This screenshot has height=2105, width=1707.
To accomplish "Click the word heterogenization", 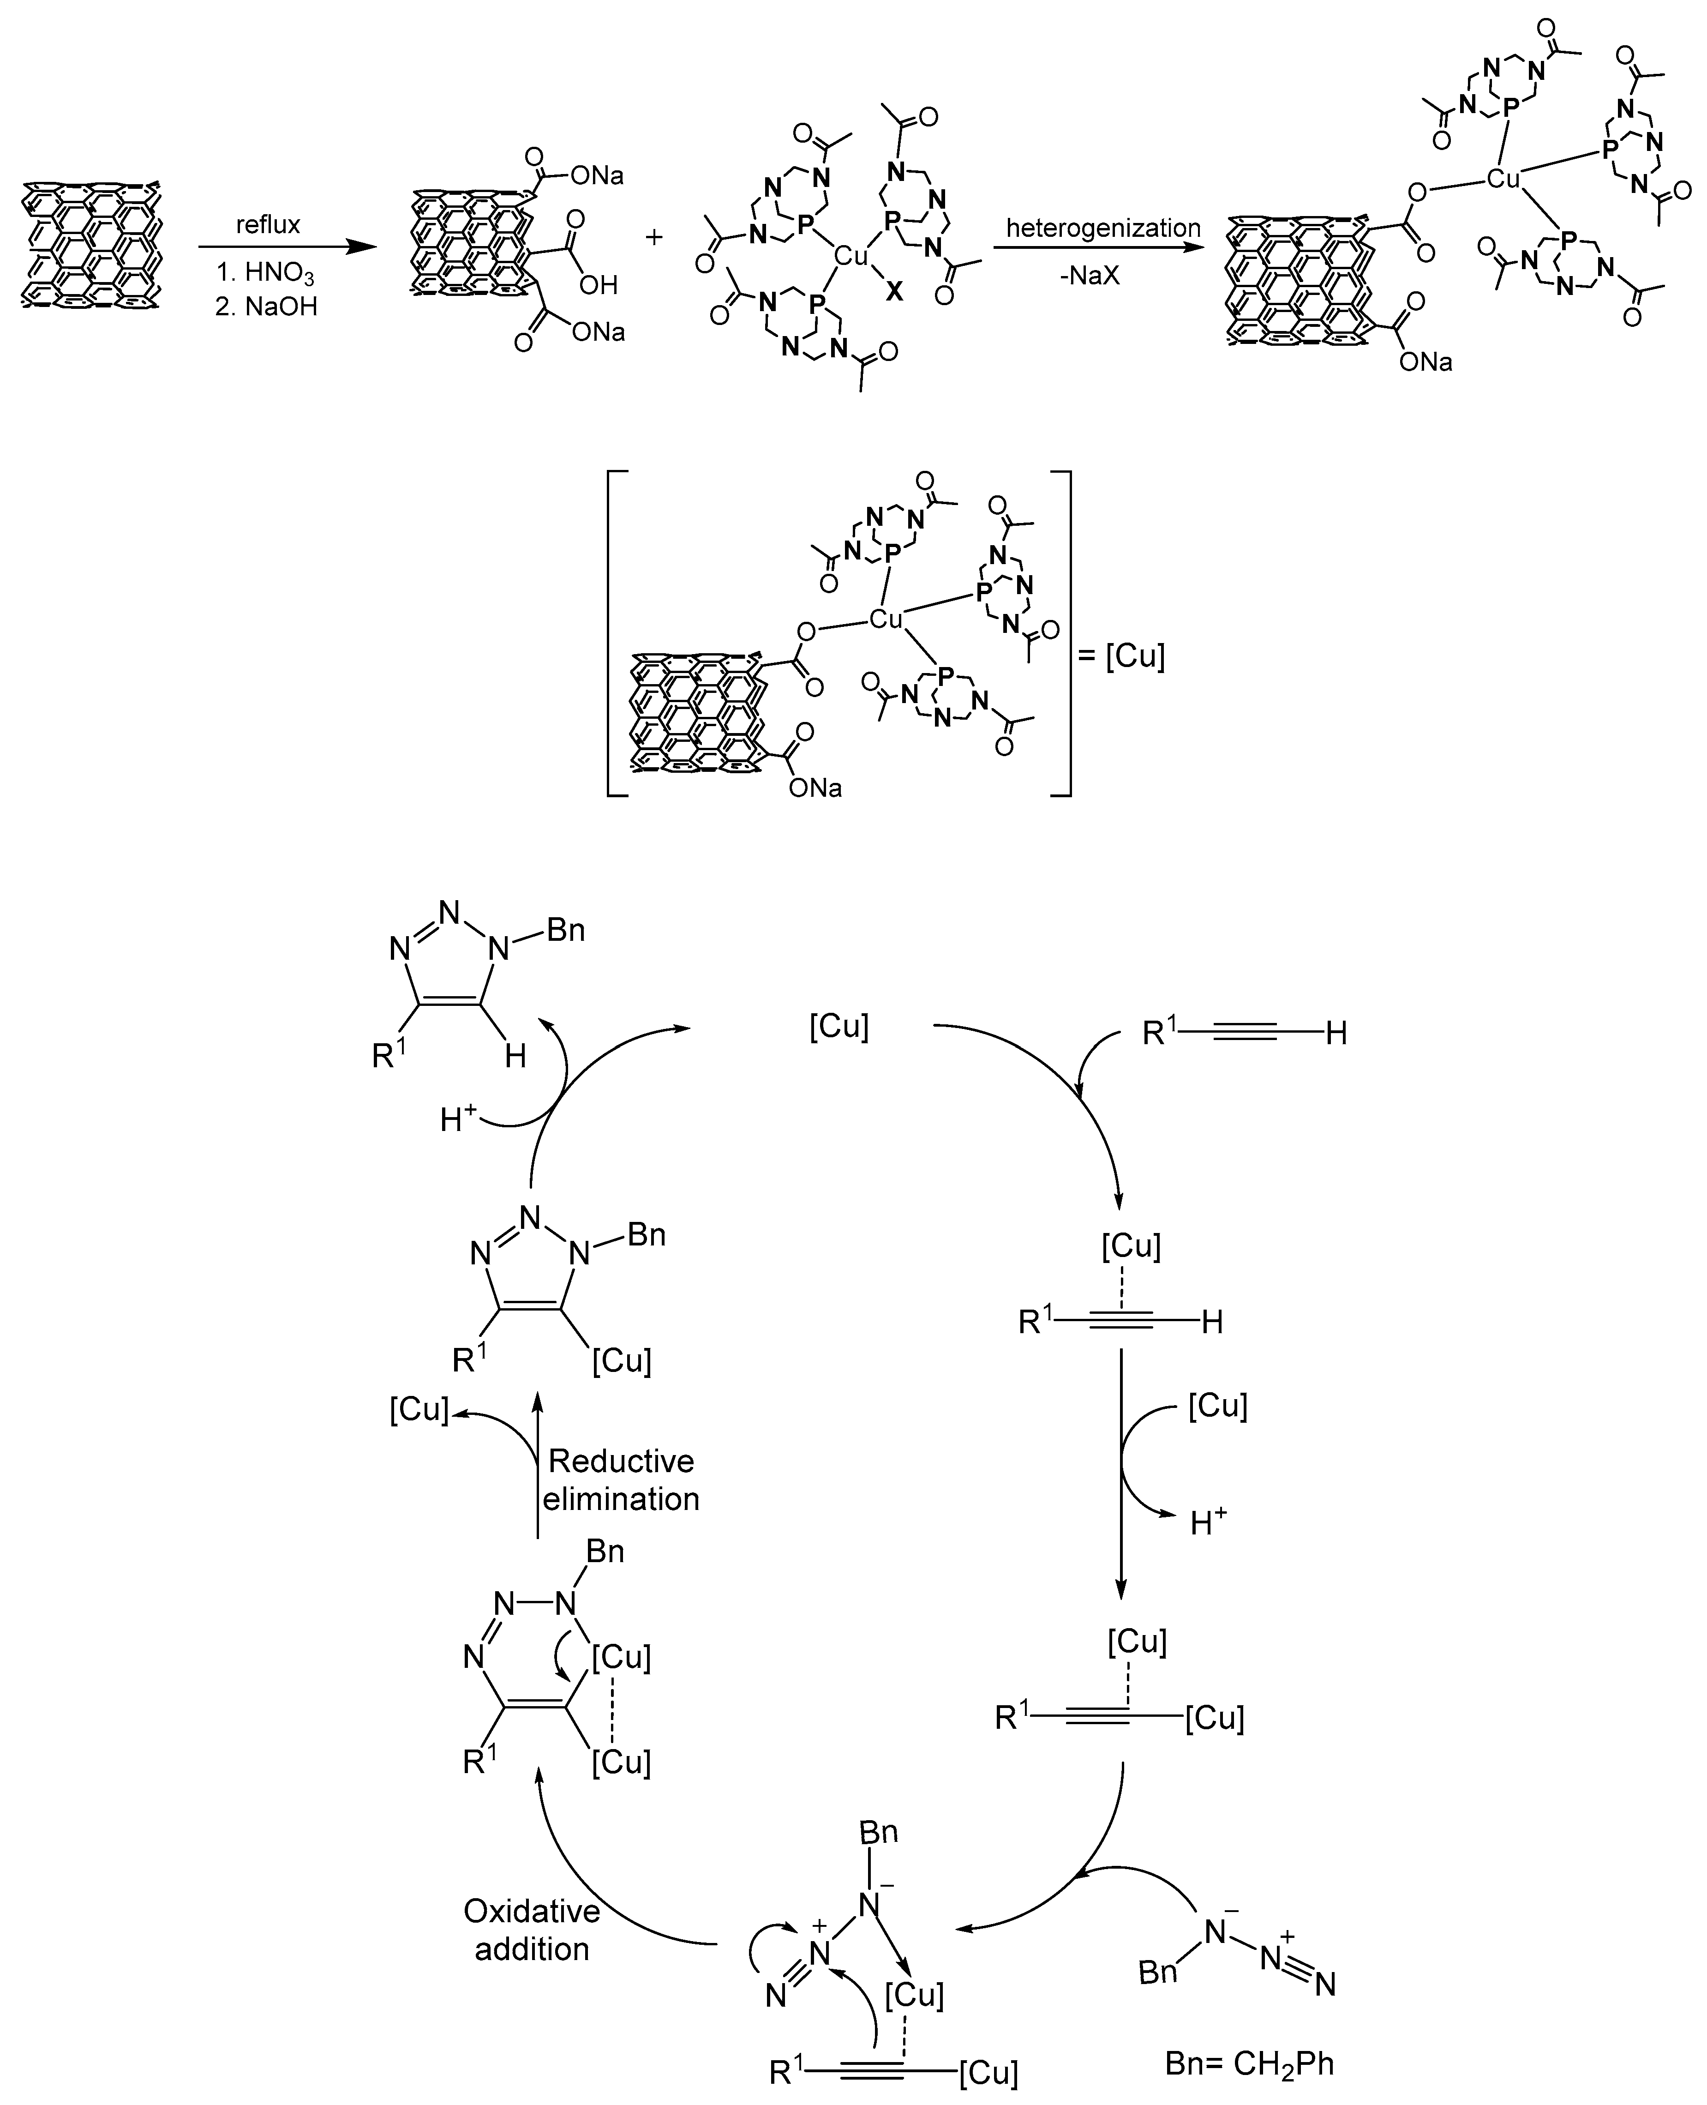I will point(1102,228).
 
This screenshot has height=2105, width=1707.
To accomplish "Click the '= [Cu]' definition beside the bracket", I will point(1121,655).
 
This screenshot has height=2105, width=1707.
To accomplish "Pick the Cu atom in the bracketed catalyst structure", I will point(886,619).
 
